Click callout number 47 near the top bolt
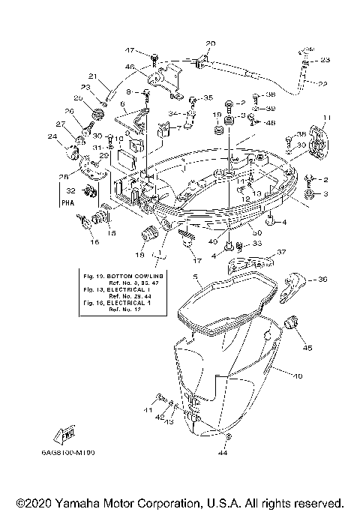[129, 50]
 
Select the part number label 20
[210, 43]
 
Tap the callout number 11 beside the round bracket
[326, 118]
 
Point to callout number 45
[307, 347]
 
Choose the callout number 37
[281, 253]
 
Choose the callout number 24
[52, 136]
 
